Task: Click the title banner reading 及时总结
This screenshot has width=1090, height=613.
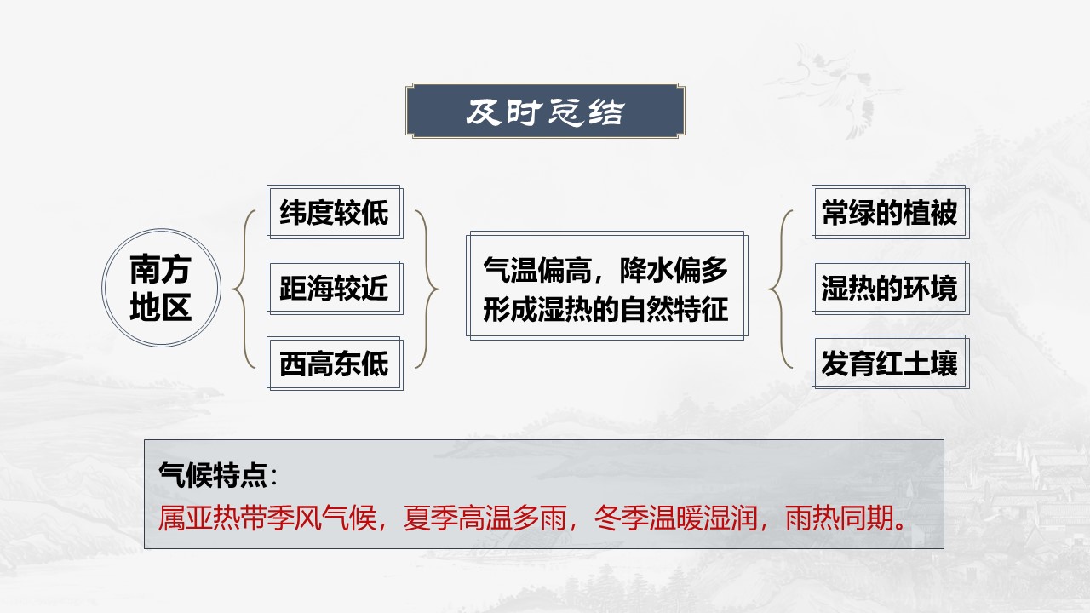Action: point(545,111)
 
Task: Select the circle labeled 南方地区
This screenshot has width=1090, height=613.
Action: point(161,288)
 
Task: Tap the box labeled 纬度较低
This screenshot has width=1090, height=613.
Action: point(335,212)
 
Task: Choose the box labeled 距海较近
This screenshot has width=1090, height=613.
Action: point(335,288)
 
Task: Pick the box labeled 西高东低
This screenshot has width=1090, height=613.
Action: point(335,363)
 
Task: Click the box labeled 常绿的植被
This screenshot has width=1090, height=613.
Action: point(890,212)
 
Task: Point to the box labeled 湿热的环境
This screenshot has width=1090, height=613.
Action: point(890,288)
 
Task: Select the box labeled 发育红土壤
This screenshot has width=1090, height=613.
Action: point(890,362)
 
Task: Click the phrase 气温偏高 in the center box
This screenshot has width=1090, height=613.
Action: point(536,270)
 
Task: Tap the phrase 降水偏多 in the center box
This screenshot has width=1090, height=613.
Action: point(674,270)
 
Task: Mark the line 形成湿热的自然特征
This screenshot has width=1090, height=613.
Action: point(605,309)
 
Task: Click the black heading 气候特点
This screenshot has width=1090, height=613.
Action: point(213,474)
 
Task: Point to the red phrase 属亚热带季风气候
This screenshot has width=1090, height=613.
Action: point(267,518)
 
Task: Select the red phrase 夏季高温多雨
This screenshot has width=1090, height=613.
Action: point(485,518)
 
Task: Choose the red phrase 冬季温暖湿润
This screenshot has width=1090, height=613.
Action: point(675,518)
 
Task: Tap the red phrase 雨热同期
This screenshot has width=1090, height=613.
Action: point(840,518)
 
